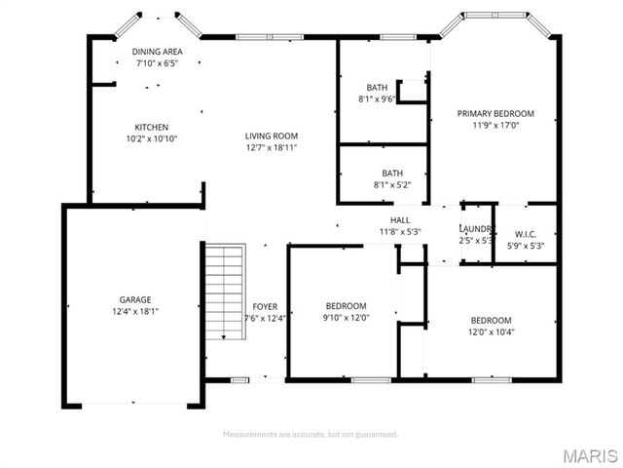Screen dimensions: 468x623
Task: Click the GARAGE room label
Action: tap(136, 299)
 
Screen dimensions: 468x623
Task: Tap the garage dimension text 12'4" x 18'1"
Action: tap(136, 312)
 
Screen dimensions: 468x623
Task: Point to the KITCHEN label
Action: tap(152, 127)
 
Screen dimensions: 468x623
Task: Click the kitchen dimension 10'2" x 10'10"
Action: tap(152, 138)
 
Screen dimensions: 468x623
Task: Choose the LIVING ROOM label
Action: tap(271, 136)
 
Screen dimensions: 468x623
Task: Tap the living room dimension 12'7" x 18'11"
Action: tap(271, 147)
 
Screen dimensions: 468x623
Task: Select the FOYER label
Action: tap(264, 306)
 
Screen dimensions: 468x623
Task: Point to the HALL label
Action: tap(400, 220)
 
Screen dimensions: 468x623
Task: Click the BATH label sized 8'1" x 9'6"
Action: tap(378, 87)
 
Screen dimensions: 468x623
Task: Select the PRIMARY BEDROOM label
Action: tap(495, 113)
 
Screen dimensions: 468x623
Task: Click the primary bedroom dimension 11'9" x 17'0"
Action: tap(495, 125)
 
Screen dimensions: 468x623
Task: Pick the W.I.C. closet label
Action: tap(525, 234)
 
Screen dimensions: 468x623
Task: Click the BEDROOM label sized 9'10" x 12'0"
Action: tap(346, 305)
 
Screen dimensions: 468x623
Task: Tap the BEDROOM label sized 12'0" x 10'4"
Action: tap(491, 320)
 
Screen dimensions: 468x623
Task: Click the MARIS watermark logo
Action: tap(589, 454)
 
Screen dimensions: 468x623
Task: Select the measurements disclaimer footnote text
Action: tap(311, 434)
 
